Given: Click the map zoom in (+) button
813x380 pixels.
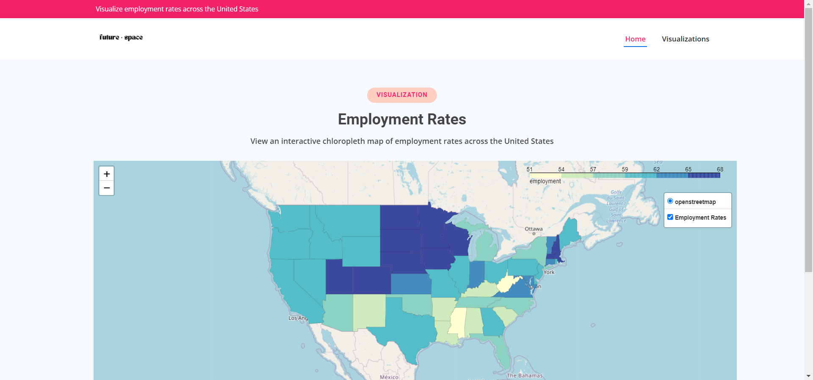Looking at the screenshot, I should [107, 174].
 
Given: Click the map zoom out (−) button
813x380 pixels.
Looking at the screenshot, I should [107, 188].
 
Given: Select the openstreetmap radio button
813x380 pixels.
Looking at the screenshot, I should [670, 201].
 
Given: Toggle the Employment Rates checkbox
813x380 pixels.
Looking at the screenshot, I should [670, 217].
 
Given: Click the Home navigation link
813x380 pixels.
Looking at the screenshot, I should [635, 39].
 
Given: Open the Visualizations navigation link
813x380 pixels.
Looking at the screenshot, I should [685, 39].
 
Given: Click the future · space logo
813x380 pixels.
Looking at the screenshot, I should [121, 37].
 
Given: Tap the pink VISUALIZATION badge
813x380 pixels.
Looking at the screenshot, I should [402, 95].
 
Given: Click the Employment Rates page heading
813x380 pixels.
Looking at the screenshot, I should [402, 119].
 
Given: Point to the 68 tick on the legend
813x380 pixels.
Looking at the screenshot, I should [720, 169].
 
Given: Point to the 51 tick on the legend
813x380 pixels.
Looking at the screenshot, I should [530, 169].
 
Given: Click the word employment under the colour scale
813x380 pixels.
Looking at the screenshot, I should [545, 181].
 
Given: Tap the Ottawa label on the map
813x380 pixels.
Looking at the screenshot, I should [534, 229].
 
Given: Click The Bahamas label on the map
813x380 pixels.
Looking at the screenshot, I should [524, 375].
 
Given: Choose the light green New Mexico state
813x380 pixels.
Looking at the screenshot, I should [369, 311].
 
